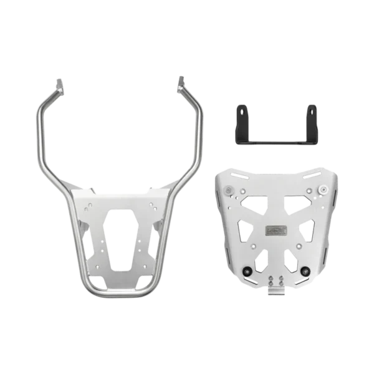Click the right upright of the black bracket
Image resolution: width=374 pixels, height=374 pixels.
click(312, 118)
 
